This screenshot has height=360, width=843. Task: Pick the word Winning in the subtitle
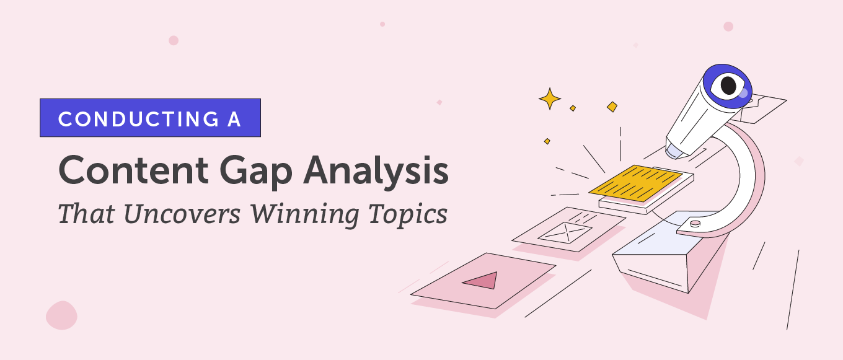coord(302,214)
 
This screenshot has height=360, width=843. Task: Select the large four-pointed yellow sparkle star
coord(549,98)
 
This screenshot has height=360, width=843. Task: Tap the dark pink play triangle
coord(482,281)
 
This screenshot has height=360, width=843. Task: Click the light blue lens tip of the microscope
coord(674,149)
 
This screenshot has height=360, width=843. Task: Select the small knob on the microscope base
coord(695,222)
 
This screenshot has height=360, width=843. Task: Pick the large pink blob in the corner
coord(61,315)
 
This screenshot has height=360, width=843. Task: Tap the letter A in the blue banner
coord(234,118)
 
